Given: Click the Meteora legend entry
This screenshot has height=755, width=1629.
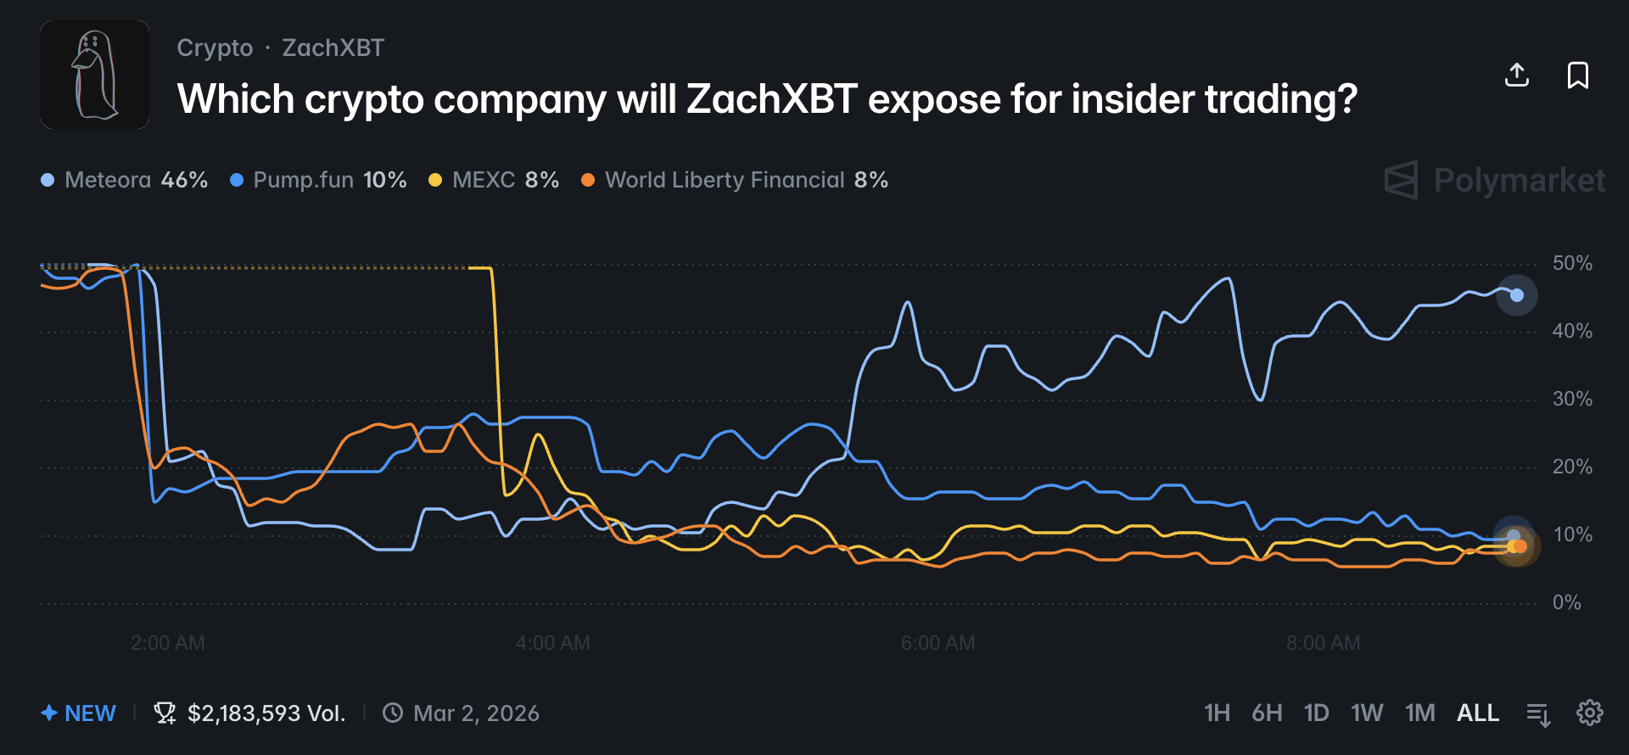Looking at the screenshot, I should pos(125,180).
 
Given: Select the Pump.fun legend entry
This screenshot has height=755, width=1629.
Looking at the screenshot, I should pos(319,180).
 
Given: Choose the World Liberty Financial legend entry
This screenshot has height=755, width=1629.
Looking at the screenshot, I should pos(735,180).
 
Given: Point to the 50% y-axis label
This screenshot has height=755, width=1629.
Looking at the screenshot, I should pos(1571,263).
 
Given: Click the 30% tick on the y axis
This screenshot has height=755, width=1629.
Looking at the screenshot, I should pos(1571,399).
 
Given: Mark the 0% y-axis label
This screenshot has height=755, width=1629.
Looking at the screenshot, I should pos(1566,602).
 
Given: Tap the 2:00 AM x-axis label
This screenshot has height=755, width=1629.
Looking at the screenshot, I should pos(168,643).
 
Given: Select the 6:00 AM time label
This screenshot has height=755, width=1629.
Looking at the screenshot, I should pos(938,643).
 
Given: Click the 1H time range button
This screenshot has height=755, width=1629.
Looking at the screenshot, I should pos(1217,713).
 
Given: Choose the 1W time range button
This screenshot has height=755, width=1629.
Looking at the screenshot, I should pos(1366,713).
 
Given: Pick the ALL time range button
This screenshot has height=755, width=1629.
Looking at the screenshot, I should pos(1477,713).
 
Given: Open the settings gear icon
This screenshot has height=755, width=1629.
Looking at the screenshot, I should pos(1589,713).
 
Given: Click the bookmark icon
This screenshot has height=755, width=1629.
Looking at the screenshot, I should pos(1577,75).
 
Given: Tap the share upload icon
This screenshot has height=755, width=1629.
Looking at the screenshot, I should pos(1516,75).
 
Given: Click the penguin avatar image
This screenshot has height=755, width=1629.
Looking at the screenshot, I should pos(95,75).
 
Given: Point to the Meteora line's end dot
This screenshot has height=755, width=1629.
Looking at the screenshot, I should pos(1517,295).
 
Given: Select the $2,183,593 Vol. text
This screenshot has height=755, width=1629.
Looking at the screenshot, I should pos(266,713).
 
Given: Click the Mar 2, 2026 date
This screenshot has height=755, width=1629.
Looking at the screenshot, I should pos(475,713).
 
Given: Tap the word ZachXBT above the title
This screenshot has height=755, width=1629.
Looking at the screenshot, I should pos(333,48).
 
